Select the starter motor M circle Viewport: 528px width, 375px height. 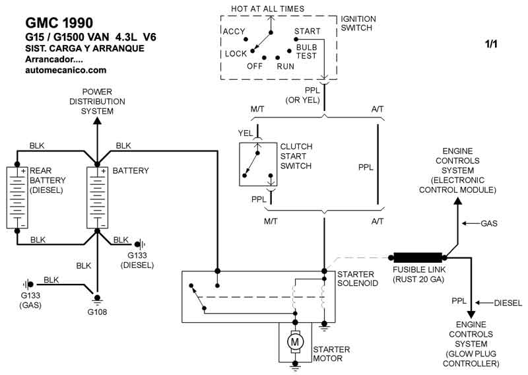click(x=295, y=341)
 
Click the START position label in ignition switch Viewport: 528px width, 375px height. click(x=307, y=30)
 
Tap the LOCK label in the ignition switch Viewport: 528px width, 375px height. click(x=236, y=53)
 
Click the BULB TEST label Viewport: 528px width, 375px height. click(x=307, y=52)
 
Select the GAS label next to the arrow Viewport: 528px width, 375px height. click(x=489, y=224)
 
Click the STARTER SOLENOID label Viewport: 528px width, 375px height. click(x=356, y=279)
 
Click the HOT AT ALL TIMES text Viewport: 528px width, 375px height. click(x=267, y=9)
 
